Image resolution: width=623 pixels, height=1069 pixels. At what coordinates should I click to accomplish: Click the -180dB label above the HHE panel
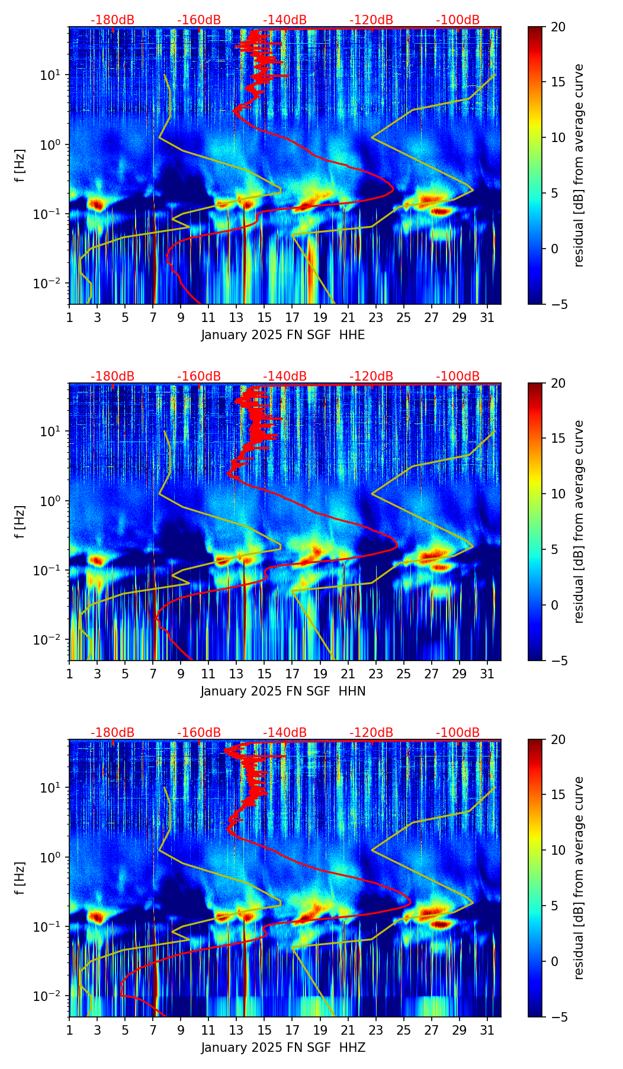[113, 20]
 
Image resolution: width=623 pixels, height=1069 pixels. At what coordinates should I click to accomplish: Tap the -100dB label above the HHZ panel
[458, 733]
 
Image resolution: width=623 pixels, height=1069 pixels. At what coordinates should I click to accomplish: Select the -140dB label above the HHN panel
[285, 376]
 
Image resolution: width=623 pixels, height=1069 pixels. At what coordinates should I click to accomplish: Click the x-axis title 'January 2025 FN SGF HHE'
[283, 335]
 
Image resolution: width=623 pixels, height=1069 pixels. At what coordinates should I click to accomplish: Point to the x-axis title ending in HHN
[283, 691]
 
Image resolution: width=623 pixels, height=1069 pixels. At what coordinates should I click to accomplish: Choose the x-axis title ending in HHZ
[283, 1048]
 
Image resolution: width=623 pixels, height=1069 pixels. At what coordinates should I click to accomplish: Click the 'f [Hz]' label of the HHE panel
[21, 166]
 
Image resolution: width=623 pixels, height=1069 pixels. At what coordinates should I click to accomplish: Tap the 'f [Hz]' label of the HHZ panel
[21, 878]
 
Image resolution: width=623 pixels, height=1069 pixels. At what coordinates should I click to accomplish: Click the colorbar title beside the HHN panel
[579, 521]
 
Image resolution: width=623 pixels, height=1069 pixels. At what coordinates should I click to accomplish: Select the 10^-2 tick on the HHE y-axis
[50, 284]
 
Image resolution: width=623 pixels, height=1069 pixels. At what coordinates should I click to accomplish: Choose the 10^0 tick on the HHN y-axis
[52, 501]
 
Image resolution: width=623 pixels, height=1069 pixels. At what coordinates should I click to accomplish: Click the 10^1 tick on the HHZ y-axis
[52, 788]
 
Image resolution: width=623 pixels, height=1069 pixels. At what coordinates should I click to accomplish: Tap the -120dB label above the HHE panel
[371, 20]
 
